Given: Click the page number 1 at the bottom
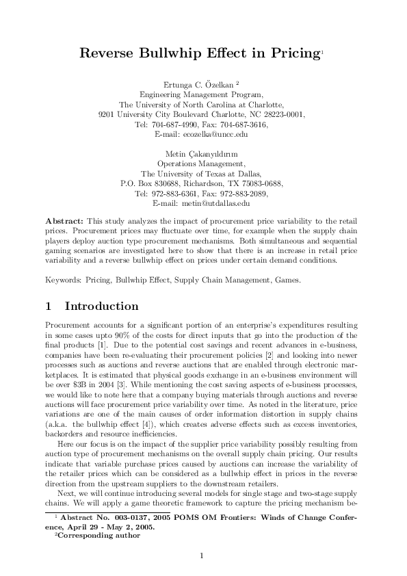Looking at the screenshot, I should [202, 556].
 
